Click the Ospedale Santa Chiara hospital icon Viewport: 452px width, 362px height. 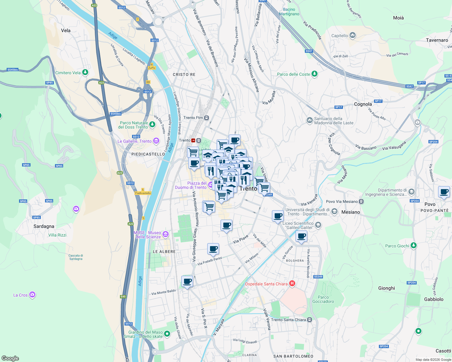coord(292,284)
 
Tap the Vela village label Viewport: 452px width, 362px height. coord(66,30)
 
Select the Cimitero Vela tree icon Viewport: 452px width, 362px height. coord(86,72)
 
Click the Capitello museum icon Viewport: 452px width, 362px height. coord(353,35)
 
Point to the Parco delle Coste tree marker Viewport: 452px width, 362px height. coord(315,74)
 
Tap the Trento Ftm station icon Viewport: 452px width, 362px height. coord(206,118)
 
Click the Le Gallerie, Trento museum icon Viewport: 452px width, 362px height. coord(156,141)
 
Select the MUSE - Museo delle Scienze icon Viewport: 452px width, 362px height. coord(165,234)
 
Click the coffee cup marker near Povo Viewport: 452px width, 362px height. coord(444,192)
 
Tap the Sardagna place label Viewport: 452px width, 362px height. coord(44,226)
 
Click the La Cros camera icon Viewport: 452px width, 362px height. coord(32,295)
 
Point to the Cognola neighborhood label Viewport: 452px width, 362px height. coord(363,104)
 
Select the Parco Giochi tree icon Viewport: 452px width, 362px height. coord(414,246)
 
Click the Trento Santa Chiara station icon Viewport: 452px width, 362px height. coord(309,320)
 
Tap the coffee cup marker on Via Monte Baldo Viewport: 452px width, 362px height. coord(187,281)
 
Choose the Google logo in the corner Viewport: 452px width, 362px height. coord(10,358)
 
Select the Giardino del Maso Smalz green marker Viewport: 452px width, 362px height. coord(167,334)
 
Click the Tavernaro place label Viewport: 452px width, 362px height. coord(437,40)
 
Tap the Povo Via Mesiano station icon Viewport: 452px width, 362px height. coord(361,201)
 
